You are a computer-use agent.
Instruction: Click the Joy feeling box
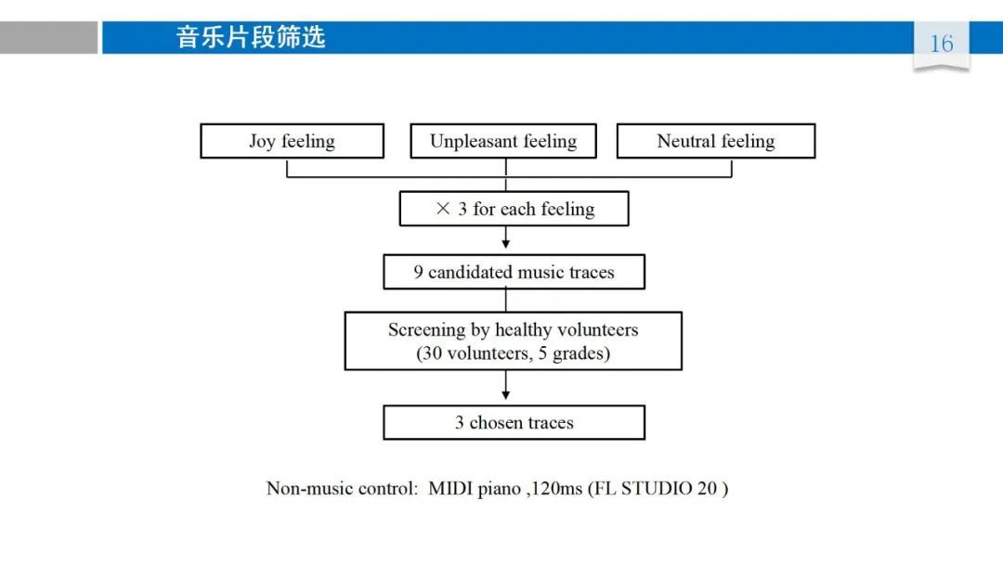coord(292,140)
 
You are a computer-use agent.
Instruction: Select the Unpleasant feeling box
coord(503,140)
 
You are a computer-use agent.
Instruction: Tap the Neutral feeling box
coord(716,140)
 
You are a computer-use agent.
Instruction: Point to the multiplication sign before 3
coord(443,208)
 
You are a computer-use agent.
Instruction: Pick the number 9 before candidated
coord(418,272)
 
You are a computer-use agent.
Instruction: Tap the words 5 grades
coord(570,353)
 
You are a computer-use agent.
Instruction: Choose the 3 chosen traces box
coord(515,422)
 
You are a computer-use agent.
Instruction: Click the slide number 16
coord(941,44)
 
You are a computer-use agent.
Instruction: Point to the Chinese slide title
coord(251,37)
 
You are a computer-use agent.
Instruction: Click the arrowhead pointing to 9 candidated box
coord(506,244)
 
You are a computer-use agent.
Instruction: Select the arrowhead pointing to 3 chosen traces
coord(506,395)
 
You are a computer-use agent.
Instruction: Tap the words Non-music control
coord(342,488)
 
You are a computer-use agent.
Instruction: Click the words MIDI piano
coord(475,488)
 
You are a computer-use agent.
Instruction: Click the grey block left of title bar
coord(48,37)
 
